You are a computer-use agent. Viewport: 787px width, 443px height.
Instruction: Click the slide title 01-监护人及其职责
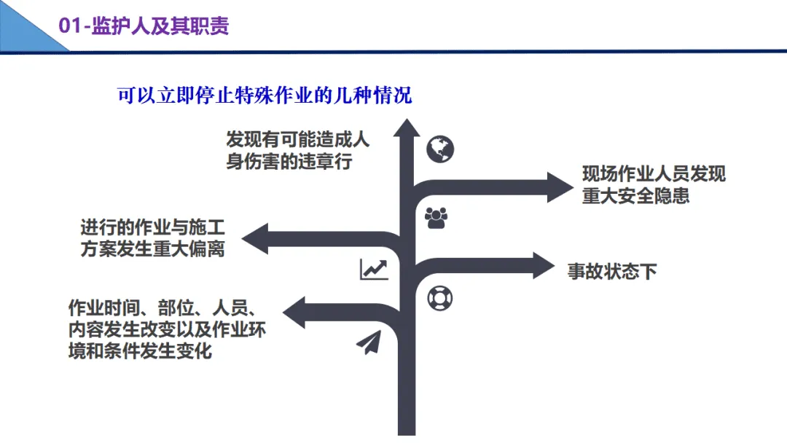[x=144, y=26]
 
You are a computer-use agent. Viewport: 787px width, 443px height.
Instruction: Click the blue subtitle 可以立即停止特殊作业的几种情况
[x=265, y=95]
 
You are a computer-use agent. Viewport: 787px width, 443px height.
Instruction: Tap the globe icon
[x=440, y=149]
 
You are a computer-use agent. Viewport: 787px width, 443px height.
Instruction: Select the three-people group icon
[x=436, y=218]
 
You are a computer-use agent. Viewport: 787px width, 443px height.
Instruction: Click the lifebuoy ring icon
[x=440, y=297]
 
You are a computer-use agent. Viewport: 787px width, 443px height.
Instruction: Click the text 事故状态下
[x=612, y=272]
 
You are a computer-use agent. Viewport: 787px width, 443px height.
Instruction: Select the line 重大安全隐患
[x=635, y=196]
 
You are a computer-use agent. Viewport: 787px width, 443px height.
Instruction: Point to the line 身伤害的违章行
[x=289, y=161]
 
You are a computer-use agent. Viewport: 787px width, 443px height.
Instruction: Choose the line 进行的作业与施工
[x=152, y=227]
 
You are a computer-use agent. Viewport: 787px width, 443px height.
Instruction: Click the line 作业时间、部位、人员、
[x=161, y=307]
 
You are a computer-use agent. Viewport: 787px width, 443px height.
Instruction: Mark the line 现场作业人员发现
[x=654, y=174]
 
